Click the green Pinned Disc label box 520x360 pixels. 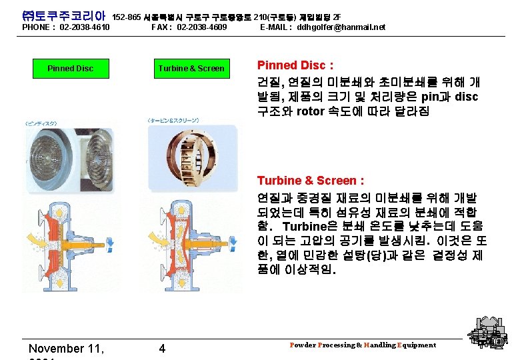(70, 69)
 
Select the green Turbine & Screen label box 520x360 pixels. (191, 69)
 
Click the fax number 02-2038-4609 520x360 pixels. (202, 27)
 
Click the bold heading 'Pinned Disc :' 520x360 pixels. (295, 65)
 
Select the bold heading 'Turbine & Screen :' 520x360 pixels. (311, 181)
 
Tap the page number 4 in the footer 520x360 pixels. (162, 348)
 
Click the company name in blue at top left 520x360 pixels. (64, 14)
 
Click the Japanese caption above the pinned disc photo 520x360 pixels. (41, 123)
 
